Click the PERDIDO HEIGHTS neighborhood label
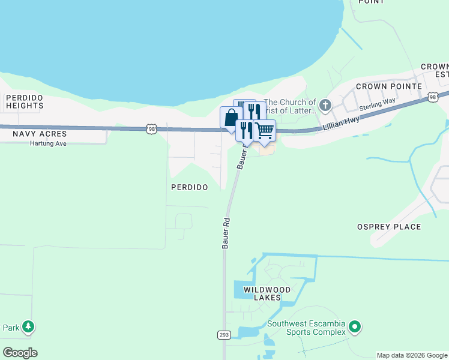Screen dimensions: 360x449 [x=25, y=101]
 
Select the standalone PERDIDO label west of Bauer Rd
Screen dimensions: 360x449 [x=190, y=187]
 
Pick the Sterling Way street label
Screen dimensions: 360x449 [x=377, y=104]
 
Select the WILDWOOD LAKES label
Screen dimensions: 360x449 [x=267, y=294]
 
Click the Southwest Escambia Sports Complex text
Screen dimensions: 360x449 [x=316, y=328]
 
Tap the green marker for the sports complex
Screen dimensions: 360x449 [x=355, y=327]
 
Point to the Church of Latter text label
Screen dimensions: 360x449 [x=290, y=106]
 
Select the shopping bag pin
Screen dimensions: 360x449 [x=231, y=118]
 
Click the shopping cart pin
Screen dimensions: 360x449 [x=264, y=130]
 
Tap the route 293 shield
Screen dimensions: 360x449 [x=222, y=334]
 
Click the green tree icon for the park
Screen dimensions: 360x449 [x=28, y=327]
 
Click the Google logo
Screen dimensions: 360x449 [x=20, y=353]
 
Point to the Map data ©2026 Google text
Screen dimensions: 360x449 [x=411, y=355]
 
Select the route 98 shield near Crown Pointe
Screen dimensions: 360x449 [x=433, y=97]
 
